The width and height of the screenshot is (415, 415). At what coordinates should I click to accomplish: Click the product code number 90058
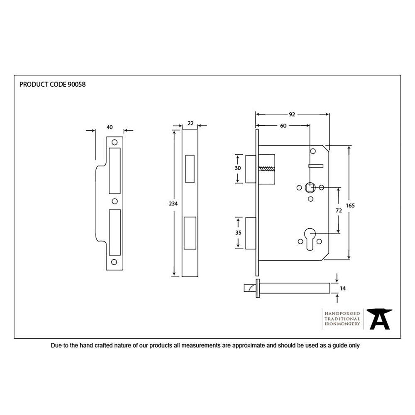point(77,84)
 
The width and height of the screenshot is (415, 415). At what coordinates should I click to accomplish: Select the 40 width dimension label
point(110,127)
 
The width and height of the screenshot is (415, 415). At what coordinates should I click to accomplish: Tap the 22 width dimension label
point(190,123)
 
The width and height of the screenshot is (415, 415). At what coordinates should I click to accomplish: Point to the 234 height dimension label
point(173,204)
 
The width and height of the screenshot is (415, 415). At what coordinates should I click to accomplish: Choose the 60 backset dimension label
point(283,126)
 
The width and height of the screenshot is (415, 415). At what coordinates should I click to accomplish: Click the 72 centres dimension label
point(338,210)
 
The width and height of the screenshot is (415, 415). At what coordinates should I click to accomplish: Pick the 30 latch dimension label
point(238,168)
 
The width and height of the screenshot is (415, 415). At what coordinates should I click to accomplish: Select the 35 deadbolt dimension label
point(238,233)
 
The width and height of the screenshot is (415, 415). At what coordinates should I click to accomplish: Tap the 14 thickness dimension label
point(343,288)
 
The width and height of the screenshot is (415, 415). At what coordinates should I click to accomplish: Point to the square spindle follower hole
point(310,188)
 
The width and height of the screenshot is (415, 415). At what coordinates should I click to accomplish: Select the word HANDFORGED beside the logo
point(342,313)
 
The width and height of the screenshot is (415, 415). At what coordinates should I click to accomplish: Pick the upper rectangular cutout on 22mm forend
point(190,169)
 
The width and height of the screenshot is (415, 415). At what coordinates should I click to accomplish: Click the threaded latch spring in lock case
point(266,169)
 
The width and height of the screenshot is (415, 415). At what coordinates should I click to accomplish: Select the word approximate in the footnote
point(248,345)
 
